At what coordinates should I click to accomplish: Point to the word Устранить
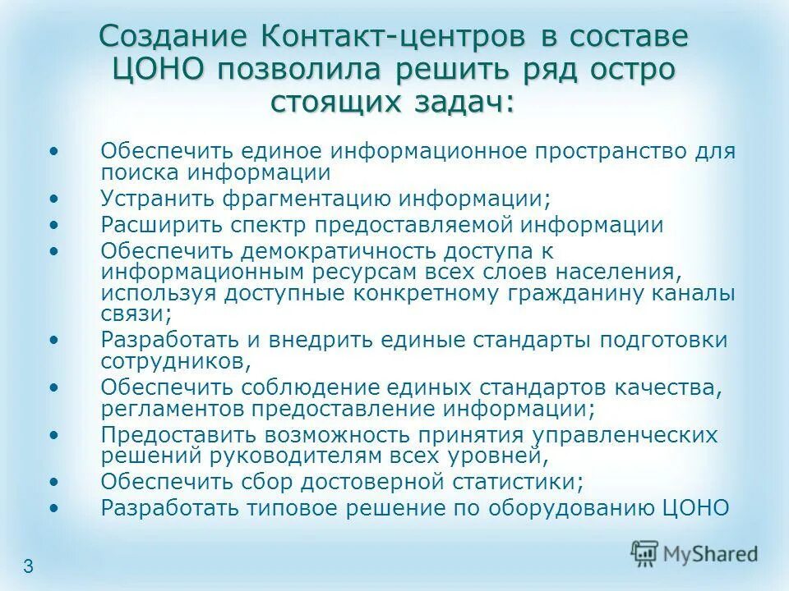(156, 198)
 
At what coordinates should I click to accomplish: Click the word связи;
(136, 313)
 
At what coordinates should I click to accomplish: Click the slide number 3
(29, 566)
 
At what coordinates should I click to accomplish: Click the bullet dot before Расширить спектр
(54, 224)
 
